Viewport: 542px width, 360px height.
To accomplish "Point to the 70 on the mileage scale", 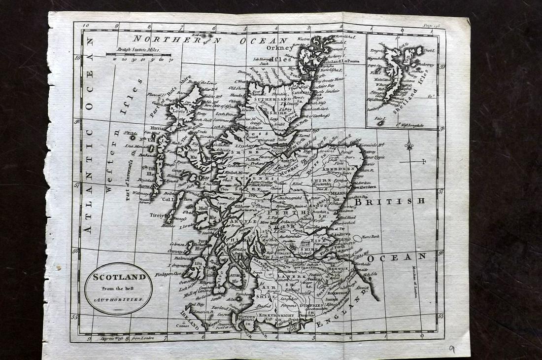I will (170, 60).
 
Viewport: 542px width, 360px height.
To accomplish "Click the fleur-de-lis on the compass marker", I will (408, 146).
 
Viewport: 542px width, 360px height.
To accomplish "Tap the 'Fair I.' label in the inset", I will (378, 118).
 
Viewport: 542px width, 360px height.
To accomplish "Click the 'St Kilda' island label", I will (130, 133).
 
